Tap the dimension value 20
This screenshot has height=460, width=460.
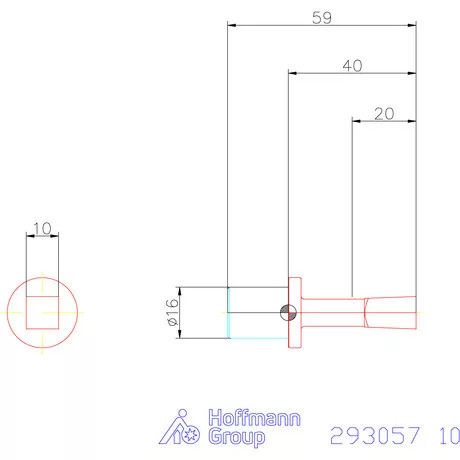(383, 113)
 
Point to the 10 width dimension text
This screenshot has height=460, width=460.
(42, 228)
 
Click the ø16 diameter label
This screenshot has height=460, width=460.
(171, 312)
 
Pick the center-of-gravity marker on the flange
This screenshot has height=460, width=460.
(288, 312)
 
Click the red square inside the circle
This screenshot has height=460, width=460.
(42, 312)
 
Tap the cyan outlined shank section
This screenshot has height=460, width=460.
(256, 312)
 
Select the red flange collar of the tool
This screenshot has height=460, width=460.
(295, 312)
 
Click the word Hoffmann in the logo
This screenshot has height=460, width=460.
(253, 418)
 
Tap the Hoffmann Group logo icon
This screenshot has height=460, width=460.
(183, 427)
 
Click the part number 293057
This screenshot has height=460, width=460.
(377, 436)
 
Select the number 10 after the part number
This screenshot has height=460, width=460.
(448, 436)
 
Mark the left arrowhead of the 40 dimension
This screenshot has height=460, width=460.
(293, 72)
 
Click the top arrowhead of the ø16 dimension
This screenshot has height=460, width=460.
(181, 291)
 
